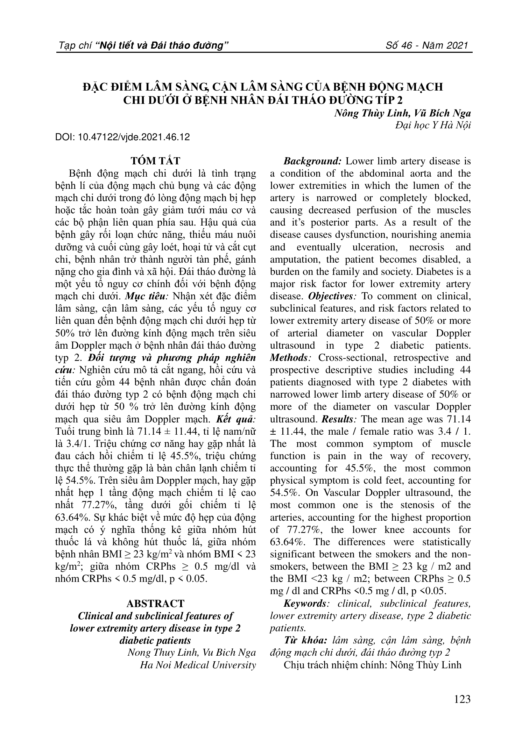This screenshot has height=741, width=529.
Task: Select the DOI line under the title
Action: (x=122, y=137)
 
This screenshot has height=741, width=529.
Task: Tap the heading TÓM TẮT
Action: (x=155, y=161)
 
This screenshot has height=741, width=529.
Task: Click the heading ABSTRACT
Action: (x=155, y=604)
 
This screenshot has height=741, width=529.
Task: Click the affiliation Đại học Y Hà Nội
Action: (x=433, y=125)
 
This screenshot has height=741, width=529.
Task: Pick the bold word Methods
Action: (x=289, y=358)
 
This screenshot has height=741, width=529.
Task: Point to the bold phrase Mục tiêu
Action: (x=145, y=296)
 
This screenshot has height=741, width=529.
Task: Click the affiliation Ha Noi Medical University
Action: (x=198, y=665)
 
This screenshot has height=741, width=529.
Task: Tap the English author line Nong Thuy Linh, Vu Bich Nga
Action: (x=192, y=653)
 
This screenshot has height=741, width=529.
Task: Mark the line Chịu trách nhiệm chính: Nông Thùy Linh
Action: (x=372, y=665)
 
